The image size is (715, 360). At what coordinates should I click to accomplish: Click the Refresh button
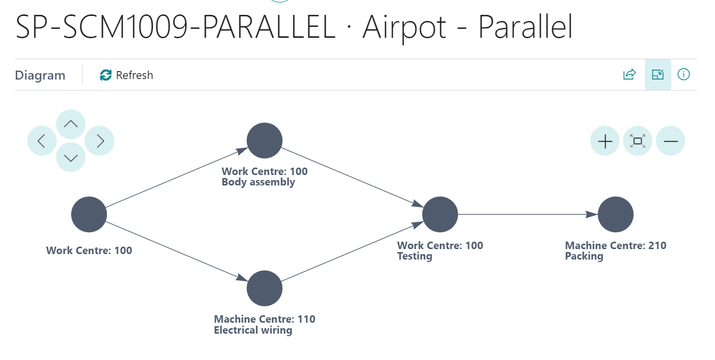(x=126, y=75)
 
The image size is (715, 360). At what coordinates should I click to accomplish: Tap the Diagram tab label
(x=40, y=76)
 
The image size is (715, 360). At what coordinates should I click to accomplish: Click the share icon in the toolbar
(x=629, y=75)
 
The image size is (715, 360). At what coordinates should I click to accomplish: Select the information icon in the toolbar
(x=684, y=75)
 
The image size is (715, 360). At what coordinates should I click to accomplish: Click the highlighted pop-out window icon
(x=658, y=75)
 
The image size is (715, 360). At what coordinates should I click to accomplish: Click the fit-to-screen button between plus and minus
(x=637, y=141)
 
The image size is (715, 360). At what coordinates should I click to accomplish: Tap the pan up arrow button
(x=71, y=124)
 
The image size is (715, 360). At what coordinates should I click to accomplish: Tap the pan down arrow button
(x=71, y=158)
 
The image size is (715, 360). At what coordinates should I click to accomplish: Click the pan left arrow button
(x=42, y=141)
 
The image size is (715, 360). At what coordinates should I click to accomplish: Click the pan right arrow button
(x=100, y=141)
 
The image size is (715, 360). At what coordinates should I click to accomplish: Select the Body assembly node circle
(x=265, y=141)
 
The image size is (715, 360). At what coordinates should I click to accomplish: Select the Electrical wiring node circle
(x=265, y=288)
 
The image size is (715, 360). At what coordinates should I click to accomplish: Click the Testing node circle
(x=440, y=214)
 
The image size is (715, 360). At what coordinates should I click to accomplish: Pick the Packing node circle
(x=616, y=214)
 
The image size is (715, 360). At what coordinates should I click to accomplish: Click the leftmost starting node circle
(x=89, y=214)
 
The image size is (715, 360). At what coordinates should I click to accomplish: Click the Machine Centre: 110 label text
(x=265, y=319)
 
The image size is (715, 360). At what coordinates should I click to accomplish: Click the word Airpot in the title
(x=404, y=28)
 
